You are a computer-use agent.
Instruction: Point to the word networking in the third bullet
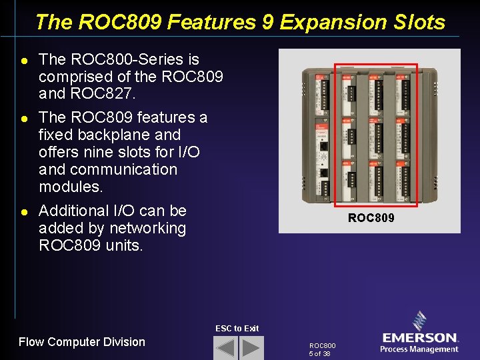(x=149, y=228)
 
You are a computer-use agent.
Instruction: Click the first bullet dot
(x=24, y=61)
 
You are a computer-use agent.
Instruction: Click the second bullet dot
(x=24, y=119)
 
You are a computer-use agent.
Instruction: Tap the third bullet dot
(x=24, y=212)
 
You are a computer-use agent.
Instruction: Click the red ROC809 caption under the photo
(x=371, y=218)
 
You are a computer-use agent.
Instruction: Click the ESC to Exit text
(x=237, y=328)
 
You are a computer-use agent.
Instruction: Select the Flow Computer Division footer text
(x=81, y=342)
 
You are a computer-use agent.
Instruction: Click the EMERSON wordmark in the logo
(x=419, y=338)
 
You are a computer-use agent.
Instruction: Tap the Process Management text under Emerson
(x=419, y=349)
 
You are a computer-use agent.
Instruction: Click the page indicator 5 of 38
(x=319, y=353)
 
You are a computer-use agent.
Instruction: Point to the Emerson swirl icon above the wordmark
(x=420, y=321)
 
